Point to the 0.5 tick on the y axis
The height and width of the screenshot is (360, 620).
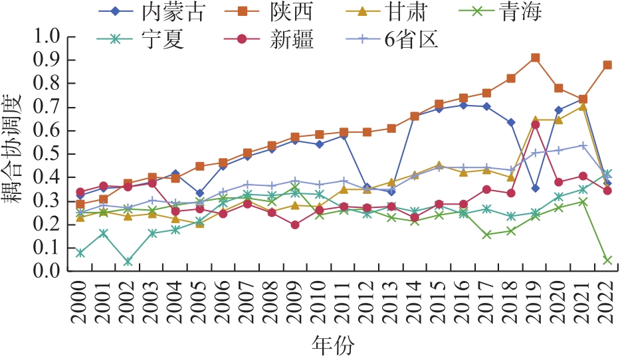point(51,154)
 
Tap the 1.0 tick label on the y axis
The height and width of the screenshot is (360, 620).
point(51,37)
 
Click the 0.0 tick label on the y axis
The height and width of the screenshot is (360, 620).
point(51,272)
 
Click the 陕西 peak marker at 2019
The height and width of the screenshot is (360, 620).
point(535,58)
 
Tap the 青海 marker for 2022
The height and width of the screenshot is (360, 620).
point(607,260)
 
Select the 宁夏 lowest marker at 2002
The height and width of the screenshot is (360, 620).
point(128,262)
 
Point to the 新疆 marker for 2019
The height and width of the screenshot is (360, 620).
point(535,124)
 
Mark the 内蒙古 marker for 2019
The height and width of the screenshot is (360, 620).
point(535,188)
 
